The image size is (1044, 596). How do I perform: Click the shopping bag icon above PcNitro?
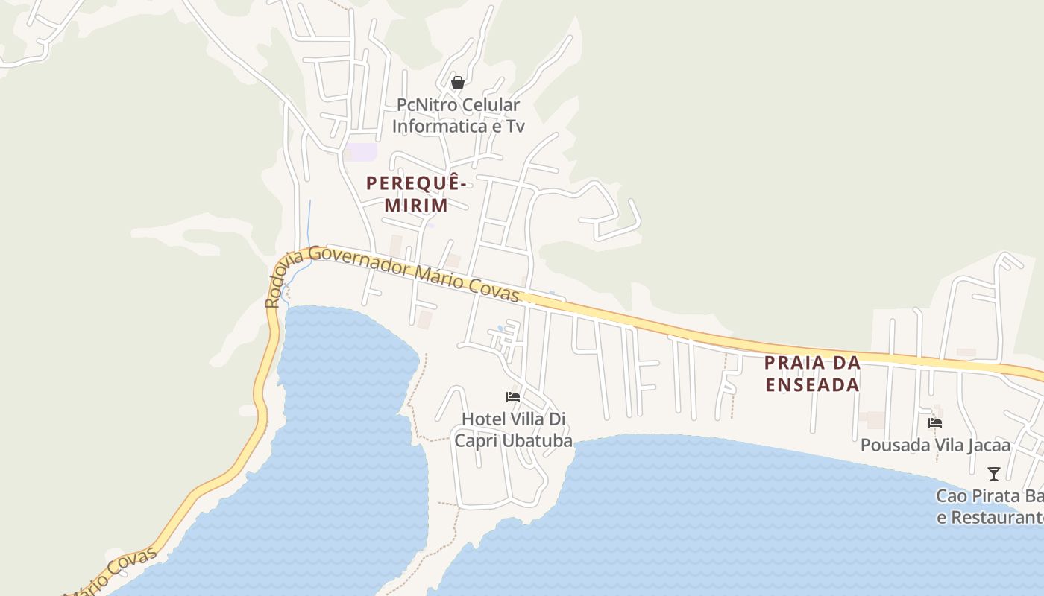point(458,83)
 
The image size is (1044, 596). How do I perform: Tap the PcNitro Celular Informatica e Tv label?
point(458,115)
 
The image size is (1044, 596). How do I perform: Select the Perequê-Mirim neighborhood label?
point(416,194)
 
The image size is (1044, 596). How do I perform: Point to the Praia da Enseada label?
point(812,374)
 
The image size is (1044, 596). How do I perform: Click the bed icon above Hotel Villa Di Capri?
point(513,397)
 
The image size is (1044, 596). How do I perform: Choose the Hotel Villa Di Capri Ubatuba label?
point(514,430)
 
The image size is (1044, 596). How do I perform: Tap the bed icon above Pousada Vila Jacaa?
point(935,423)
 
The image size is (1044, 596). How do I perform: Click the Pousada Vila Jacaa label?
point(935,446)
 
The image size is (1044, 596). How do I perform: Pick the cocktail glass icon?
point(993,474)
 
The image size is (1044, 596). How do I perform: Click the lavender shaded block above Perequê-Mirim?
point(362,151)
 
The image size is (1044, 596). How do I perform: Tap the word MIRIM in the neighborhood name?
point(416,205)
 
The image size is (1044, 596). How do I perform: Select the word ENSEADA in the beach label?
point(812,385)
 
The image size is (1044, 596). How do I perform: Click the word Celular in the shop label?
point(489,105)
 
